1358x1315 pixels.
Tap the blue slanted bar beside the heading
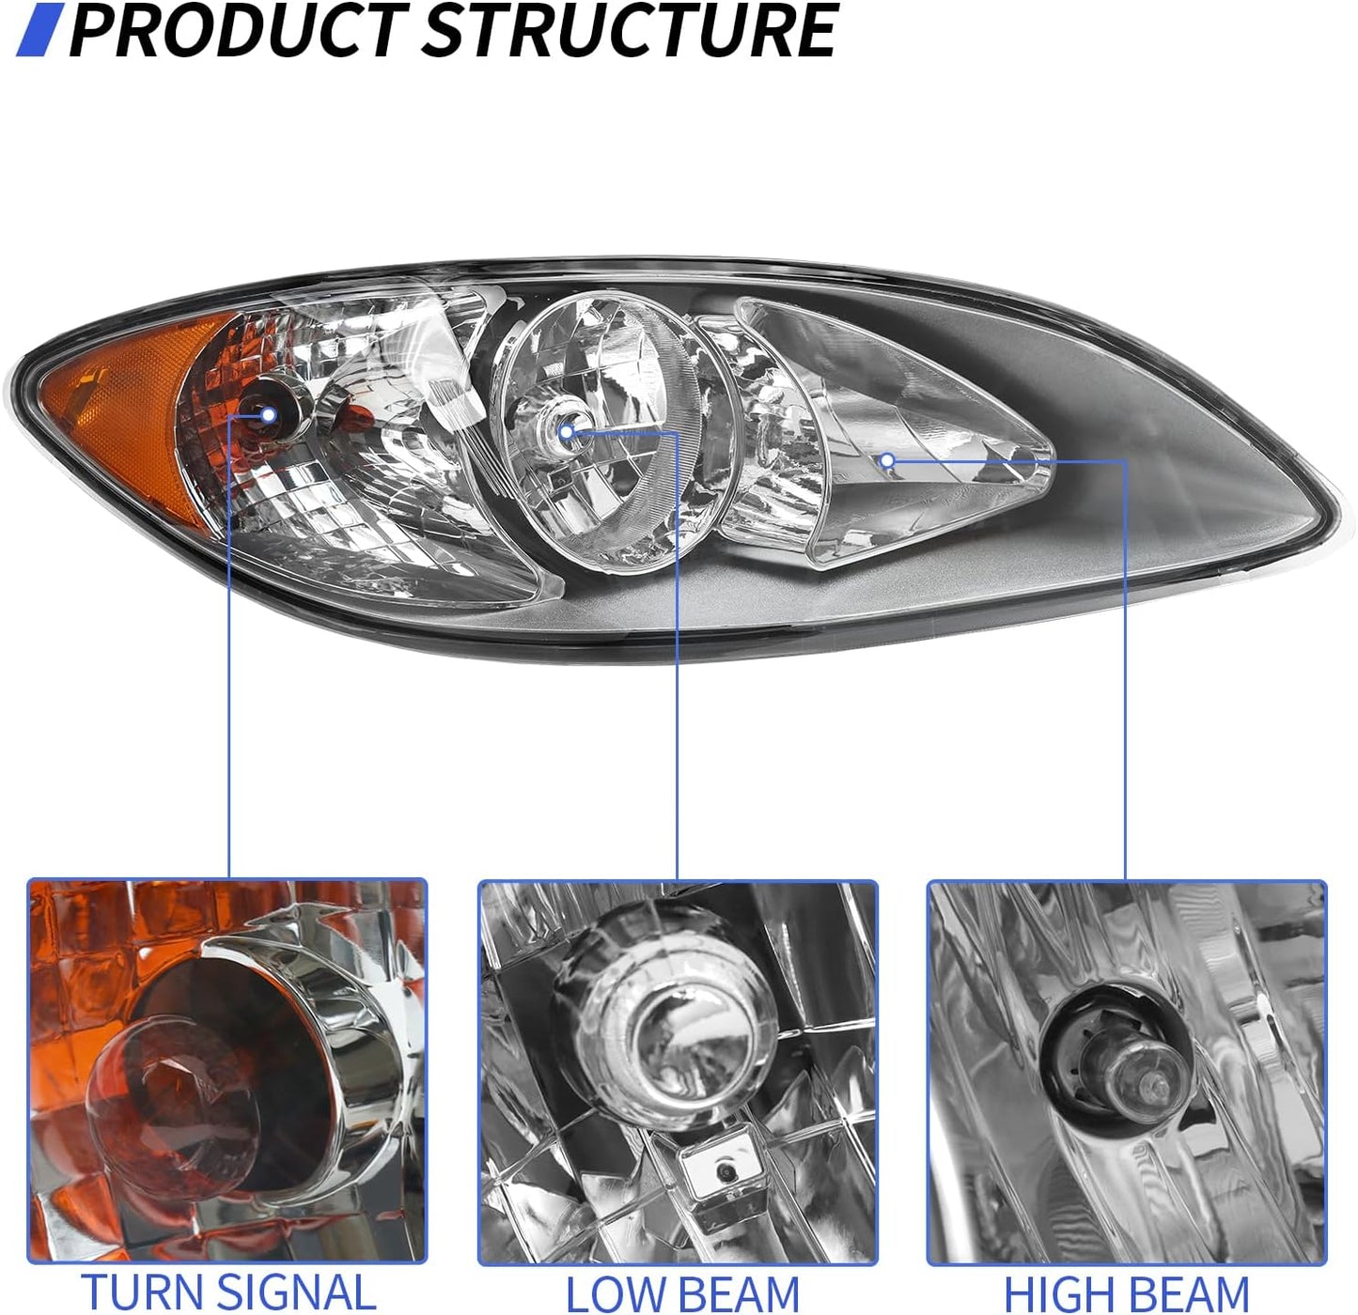click(x=40, y=30)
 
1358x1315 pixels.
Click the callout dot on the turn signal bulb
click(x=268, y=416)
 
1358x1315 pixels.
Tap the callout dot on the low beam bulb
click(x=566, y=432)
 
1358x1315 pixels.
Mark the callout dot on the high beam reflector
click(x=887, y=460)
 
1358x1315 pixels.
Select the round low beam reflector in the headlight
click(x=614, y=432)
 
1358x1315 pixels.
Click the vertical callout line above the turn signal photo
click(x=229, y=646)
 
